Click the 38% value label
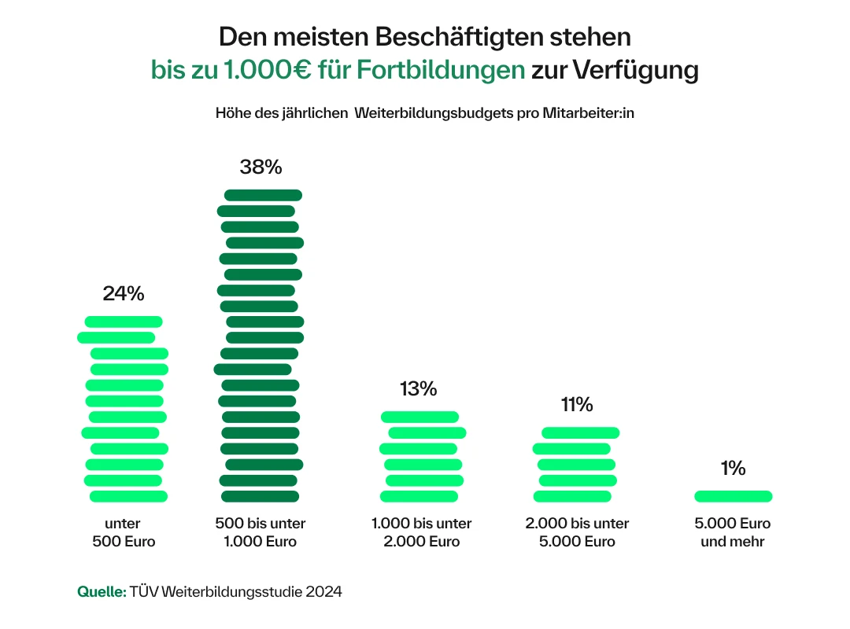tap(261, 167)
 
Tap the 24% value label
tap(124, 293)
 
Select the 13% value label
tap(418, 388)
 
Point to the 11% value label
tap(576, 405)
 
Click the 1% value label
tap(732, 469)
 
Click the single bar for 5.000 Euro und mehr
tap(733, 496)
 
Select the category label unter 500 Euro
tap(124, 532)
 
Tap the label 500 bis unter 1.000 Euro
tap(260, 532)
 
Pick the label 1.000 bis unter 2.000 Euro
tap(421, 532)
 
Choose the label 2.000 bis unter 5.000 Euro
tap(577, 532)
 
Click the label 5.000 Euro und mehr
tap(733, 532)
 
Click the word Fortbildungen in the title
tap(439, 70)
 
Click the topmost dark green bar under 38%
tap(263, 195)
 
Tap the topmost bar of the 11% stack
tap(580, 432)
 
